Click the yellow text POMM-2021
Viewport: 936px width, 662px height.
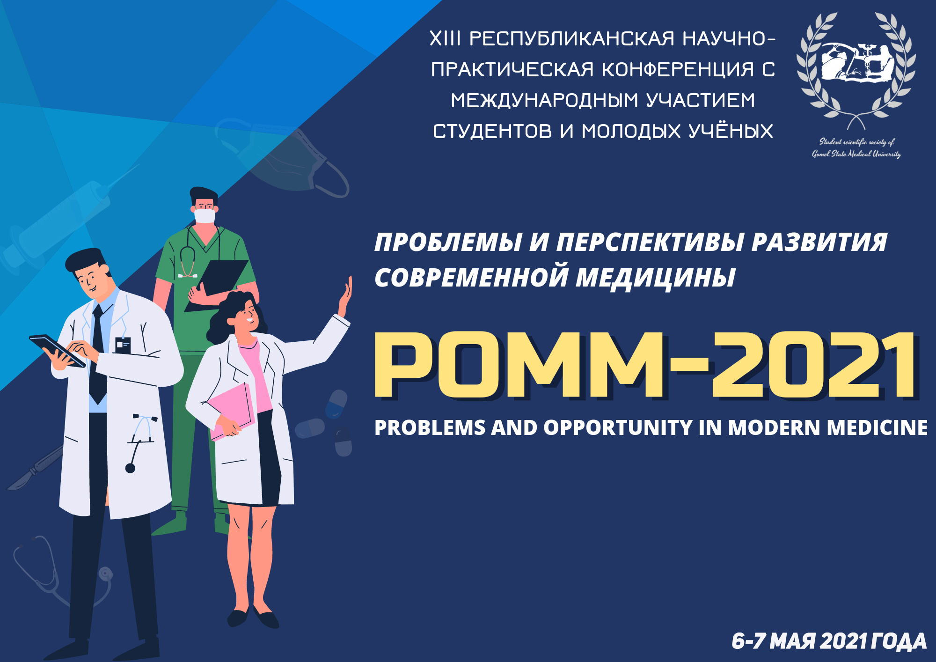pyautogui.click(x=646, y=366)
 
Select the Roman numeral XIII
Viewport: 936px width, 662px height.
pyautogui.click(x=445, y=38)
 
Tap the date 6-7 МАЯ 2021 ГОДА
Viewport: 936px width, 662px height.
pyautogui.click(x=829, y=641)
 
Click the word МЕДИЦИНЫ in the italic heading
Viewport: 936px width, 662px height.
pyautogui.click(x=656, y=278)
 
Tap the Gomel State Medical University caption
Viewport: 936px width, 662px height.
pyautogui.click(x=856, y=154)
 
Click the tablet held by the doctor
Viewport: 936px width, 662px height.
pyautogui.click(x=57, y=350)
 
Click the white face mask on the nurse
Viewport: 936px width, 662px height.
pyautogui.click(x=205, y=216)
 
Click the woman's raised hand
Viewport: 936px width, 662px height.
pyautogui.click(x=345, y=298)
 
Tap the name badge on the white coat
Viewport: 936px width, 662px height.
pyautogui.click(x=123, y=345)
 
